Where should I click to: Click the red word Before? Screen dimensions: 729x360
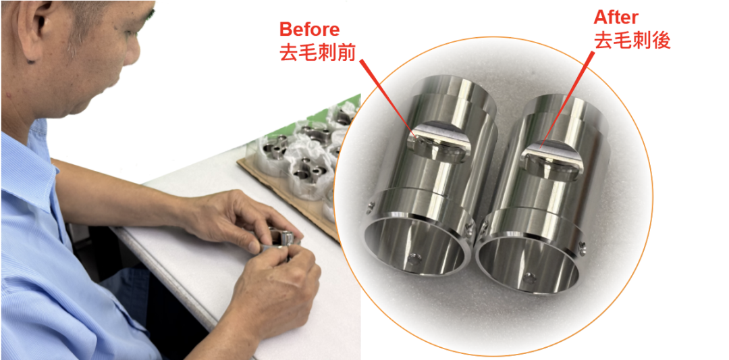[x=309, y=30]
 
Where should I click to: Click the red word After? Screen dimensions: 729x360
[x=616, y=18]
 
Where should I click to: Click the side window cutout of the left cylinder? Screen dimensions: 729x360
[x=439, y=143]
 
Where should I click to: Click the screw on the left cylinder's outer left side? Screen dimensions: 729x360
[x=370, y=206]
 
